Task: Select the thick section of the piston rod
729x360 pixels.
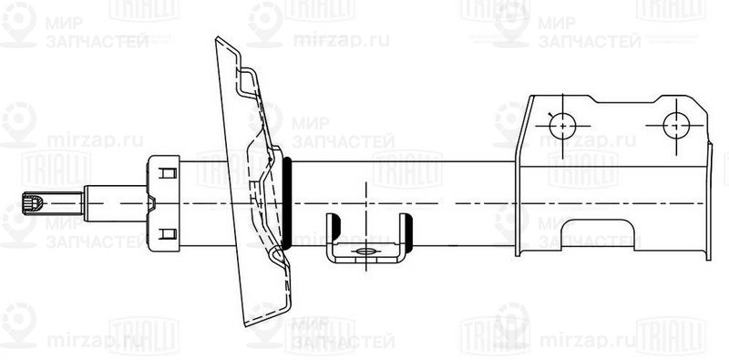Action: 114,201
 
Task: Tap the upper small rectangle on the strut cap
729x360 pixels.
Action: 167,171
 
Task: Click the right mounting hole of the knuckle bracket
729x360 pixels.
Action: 676,124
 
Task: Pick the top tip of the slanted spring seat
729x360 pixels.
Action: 218,40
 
